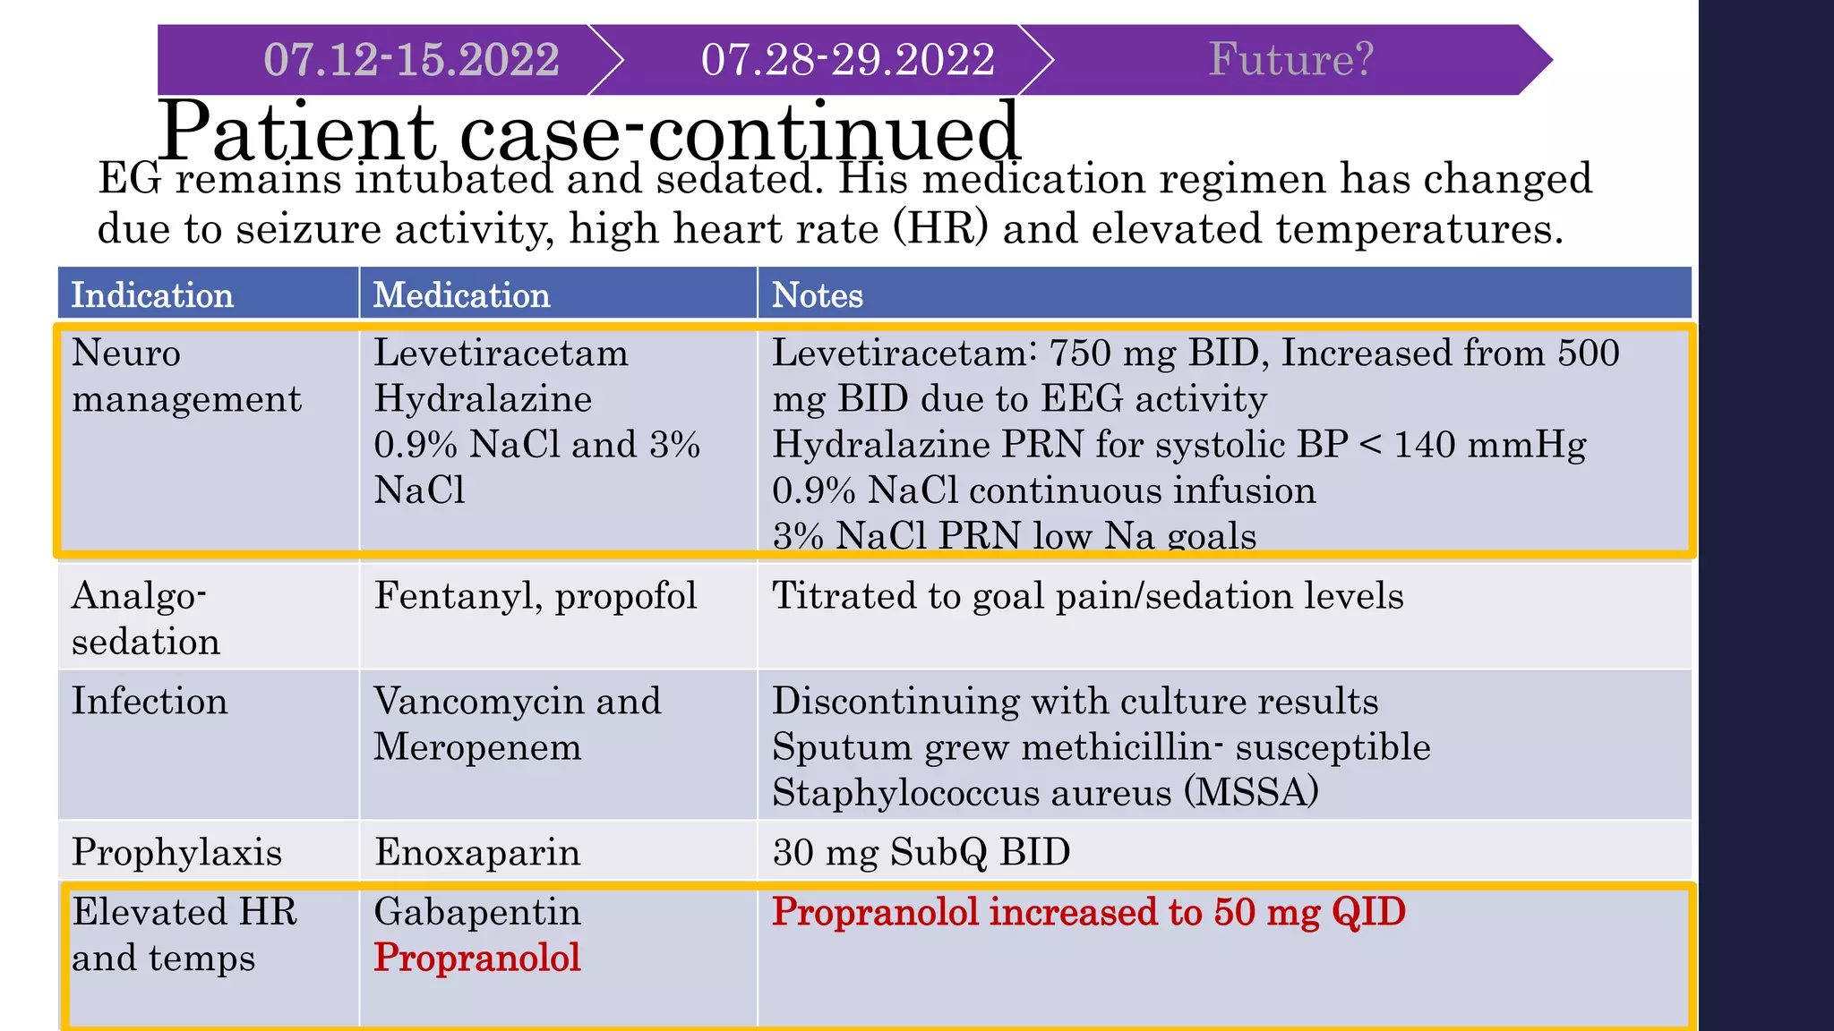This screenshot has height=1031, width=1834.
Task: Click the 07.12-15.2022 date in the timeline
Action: coord(411,60)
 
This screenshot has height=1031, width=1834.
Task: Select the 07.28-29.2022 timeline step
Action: coord(847,60)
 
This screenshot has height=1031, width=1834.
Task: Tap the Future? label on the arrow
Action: coord(1290,59)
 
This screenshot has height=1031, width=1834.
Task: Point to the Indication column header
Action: coord(152,295)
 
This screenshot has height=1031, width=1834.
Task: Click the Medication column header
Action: coord(461,295)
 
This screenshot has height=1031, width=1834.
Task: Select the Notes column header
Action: coord(817,295)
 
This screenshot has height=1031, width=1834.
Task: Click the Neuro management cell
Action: coord(186,376)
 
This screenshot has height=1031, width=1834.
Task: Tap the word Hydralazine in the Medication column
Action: coord(483,399)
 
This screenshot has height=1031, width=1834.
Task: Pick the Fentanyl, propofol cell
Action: coord(536,596)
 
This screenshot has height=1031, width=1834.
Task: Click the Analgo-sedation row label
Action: coord(146,618)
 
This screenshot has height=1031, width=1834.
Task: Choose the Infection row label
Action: coord(150,701)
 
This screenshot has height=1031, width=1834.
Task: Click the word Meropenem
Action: coord(477,747)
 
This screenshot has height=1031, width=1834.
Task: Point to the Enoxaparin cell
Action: coord(477,852)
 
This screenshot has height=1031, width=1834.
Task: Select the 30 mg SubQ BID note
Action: coord(921,852)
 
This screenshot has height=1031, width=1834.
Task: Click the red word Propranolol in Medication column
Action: coord(477,958)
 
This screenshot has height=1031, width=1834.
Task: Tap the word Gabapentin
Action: coord(477,912)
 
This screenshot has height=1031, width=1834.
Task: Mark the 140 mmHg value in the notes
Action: coord(1489,445)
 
